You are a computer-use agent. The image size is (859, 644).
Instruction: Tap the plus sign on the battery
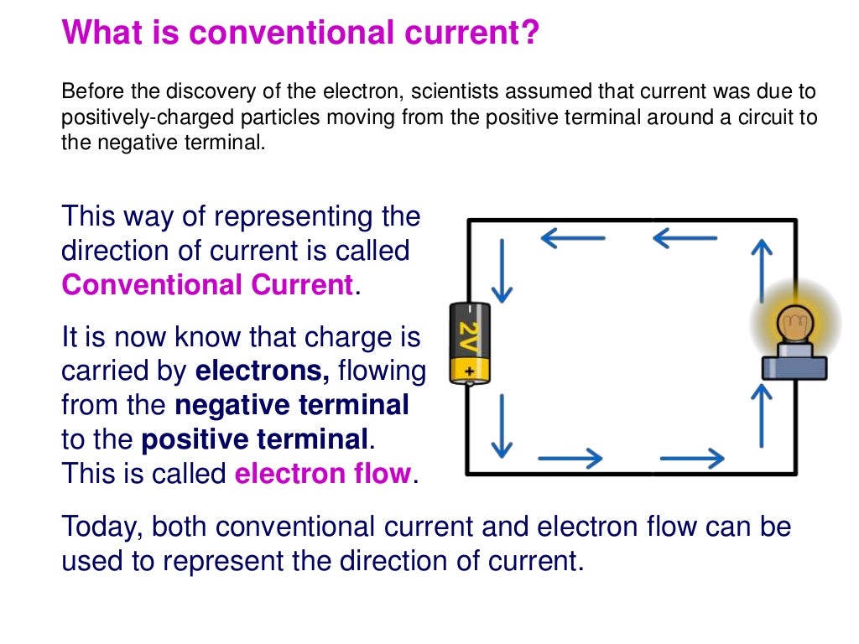click(x=469, y=370)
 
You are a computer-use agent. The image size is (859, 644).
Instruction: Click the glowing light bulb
click(x=789, y=325)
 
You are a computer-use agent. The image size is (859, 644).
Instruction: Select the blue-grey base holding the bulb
click(x=794, y=366)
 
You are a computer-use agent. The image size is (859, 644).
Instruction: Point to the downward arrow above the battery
click(x=502, y=271)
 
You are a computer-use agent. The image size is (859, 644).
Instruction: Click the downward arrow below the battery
click(x=502, y=426)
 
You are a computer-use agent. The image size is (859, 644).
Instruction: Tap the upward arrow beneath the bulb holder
click(x=762, y=416)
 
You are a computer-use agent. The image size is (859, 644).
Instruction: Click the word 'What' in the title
click(x=97, y=34)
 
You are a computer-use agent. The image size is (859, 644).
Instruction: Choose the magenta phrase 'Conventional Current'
click(x=207, y=285)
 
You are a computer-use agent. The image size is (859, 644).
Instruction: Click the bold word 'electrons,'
click(x=262, y=370)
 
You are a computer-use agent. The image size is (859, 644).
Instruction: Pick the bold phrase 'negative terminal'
click(x=292, y=405)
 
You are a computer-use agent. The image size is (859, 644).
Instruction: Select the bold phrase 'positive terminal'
click(x=255, y=439)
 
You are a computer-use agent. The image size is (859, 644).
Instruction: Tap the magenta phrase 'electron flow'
click(x=323, y=474)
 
